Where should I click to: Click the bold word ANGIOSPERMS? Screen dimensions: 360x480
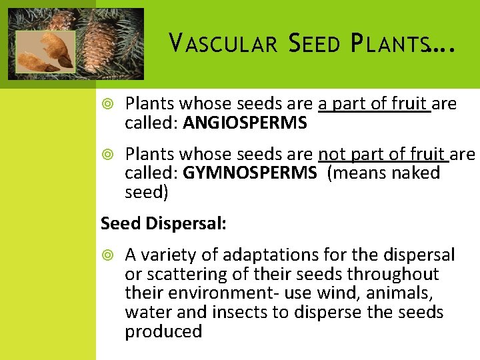(x=245, y=123)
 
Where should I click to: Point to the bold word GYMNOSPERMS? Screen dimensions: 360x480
(x=250, y=173)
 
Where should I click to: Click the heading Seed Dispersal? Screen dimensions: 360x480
(x=163, y=223)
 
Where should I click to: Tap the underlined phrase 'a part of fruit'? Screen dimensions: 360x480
(x=374, y=104)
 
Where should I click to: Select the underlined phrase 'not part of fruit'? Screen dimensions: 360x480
(x=383, y=155)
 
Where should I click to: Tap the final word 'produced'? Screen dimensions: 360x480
(x=163, y=332)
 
